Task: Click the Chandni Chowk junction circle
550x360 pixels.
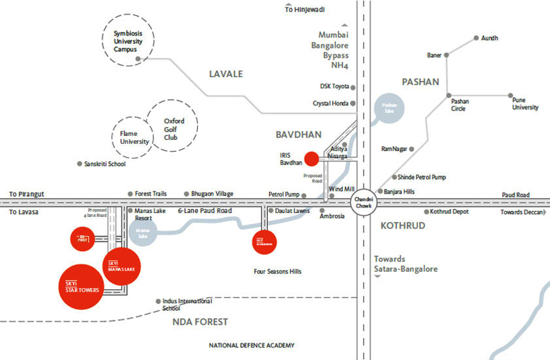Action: (363, 202)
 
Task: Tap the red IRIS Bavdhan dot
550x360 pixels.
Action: (312, 159)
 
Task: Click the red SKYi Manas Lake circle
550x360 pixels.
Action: (122, 266)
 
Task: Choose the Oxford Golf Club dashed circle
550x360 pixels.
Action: (173, 125)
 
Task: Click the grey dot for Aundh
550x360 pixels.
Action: (476, 39)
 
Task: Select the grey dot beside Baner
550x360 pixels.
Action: (447, 55)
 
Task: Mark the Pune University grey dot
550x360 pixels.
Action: (510, 95)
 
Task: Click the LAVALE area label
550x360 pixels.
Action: (226, 74)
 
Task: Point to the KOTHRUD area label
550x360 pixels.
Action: (403, 226)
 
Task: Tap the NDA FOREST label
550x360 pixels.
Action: (200, 322)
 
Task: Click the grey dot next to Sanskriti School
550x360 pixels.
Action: (80, 163)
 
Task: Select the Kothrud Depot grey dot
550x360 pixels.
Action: (426, 212)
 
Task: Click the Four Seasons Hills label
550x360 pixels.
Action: (277, 271)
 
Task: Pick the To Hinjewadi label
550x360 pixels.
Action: (305, 9)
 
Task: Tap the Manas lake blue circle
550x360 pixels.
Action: (143, 233)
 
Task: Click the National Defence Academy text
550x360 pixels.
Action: (251, 346)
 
